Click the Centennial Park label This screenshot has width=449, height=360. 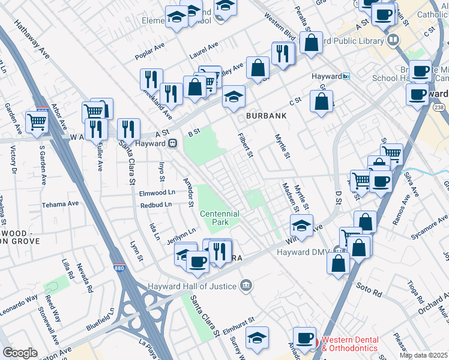pyautogui.click(x=220, y=218)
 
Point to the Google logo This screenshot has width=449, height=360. pyautogui.click(x=20, y=353)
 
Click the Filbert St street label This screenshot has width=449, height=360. pyautogui.click(x=244, y=146)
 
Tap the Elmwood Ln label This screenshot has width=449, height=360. pyautogui.click(x=157, y=193)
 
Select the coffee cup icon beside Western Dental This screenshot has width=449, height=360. pyautogui.click(x=305, y=338)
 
